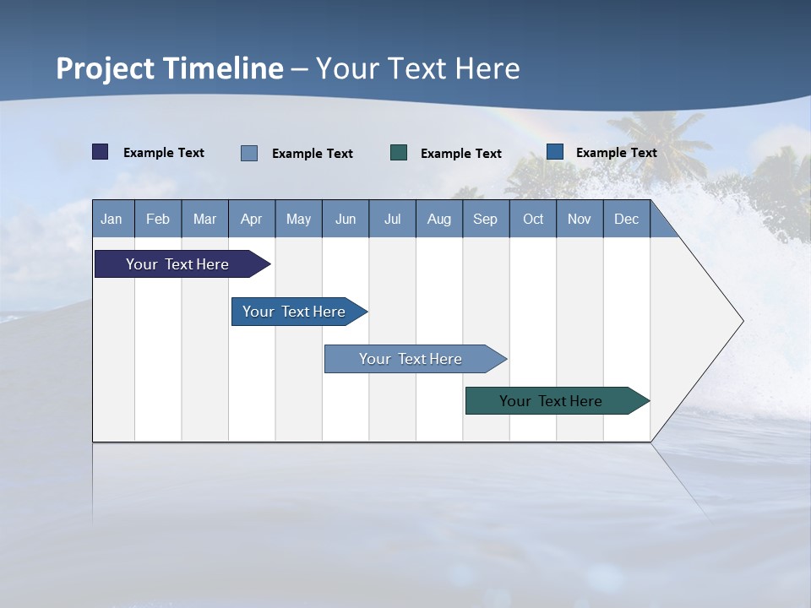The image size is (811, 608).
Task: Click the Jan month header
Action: [x=112, y=220]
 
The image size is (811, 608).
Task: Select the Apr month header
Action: [x=251, y=220]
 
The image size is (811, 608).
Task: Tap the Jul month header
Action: [x=392, y=220]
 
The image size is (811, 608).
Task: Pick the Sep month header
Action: [x=485, y=220]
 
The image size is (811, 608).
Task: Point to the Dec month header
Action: [x=626, y=220]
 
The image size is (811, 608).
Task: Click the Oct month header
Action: [x=533, y=220]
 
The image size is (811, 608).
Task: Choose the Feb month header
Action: [x=158, y=220]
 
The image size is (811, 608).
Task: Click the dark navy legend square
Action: [x=101, y=152]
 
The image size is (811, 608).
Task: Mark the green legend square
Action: [x=399, y=153]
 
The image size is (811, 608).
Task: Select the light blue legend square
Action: [x=249, y=153]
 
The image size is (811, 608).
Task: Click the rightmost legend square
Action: [x=555, y=152]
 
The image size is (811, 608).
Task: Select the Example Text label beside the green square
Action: [x=460, y=154]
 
